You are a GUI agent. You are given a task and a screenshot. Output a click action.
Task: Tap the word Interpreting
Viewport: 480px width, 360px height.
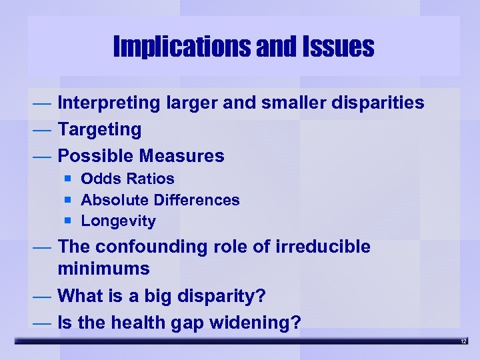[x=109, y=103]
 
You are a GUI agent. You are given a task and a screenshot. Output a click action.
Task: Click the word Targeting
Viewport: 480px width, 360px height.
[x=100, y=129]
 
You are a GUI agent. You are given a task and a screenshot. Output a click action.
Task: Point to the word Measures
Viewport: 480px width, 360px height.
[x=182, y=156]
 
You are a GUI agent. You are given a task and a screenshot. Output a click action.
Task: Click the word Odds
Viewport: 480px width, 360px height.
[x=98, y=179]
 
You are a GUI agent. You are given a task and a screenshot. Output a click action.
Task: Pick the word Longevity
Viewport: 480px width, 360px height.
[x=119, y=221]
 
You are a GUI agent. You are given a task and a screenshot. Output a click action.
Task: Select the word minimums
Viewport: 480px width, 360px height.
[x=104, y=269]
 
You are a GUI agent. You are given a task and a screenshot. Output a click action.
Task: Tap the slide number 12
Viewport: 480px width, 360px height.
[x=463, y=342]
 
